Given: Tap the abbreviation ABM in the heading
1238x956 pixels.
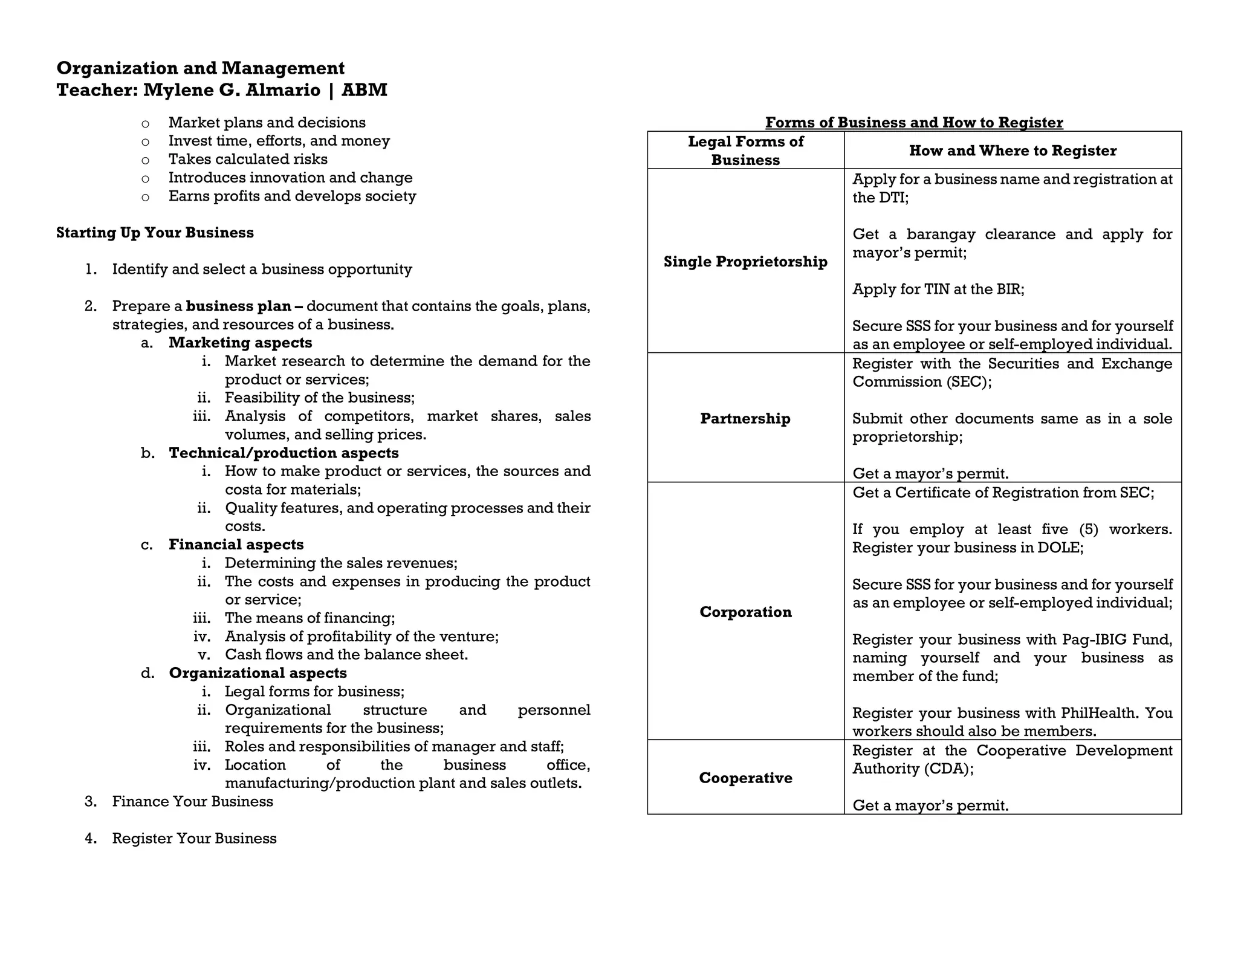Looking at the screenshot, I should click(364, 90).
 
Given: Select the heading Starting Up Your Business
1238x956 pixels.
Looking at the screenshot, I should click(155, 233).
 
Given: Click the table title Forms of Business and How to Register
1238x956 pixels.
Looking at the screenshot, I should click(913, 123).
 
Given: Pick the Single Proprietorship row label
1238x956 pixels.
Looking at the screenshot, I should click(745, 262).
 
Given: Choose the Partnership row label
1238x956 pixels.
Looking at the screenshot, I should click(745, 419).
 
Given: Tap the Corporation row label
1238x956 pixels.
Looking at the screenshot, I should click(745, 612).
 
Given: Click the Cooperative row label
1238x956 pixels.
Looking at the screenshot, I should click(745, 778).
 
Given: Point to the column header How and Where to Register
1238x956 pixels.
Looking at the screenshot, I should click(1012, 150).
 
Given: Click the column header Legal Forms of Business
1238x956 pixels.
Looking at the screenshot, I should click(745, 150).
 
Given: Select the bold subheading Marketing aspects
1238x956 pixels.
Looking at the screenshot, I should click(240, 343).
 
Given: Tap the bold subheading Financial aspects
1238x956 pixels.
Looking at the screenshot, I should click(236, 544).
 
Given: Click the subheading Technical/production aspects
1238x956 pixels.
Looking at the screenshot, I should click(284, 453).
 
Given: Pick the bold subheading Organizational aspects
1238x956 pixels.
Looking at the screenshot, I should click(258, 673).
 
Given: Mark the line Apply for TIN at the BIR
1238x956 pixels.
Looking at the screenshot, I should click(938, 289).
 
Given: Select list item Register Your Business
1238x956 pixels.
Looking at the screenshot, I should click(194, 839).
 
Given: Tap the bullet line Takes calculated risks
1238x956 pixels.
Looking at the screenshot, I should click(248, 160).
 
